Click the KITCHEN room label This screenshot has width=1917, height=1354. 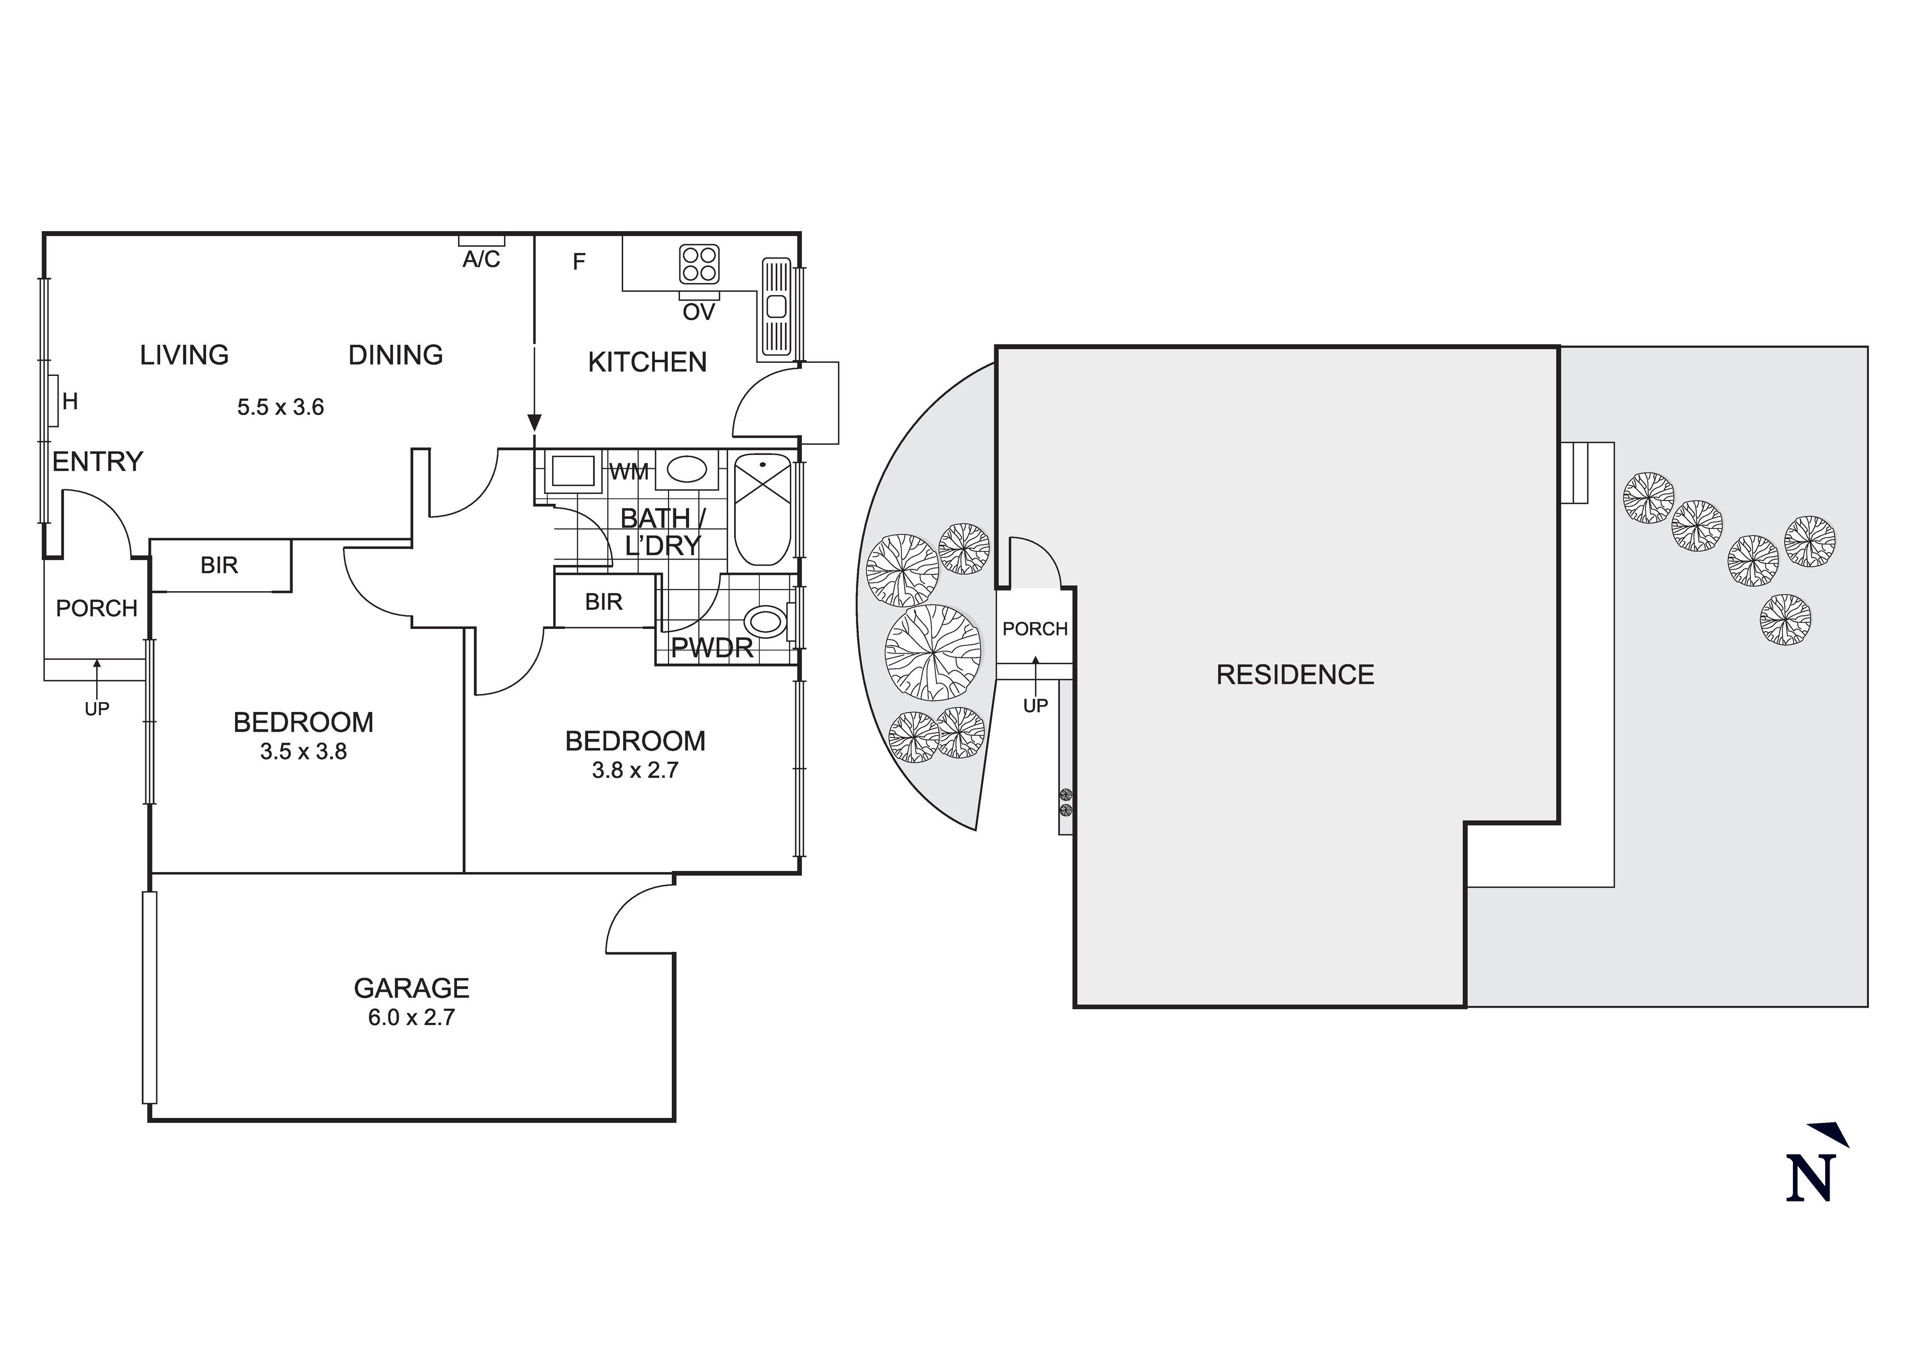point(647,362)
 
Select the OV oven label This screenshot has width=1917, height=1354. point(699,312)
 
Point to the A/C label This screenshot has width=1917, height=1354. point(482,260)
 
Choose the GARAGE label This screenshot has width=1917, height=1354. point(412,988)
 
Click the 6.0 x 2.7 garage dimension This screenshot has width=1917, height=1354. point(412,1017)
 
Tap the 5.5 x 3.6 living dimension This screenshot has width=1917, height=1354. point(280,408)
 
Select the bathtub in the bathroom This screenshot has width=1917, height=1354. point(763,509)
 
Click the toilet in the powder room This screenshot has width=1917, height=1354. point(766,622)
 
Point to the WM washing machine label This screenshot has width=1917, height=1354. point(629,473)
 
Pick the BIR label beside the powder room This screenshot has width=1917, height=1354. point(603,602)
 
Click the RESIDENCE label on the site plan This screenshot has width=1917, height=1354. point(1295,674)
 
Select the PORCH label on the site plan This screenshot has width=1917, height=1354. point(1035,628)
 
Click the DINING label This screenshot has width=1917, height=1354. point(396,355)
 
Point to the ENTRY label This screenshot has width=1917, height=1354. point(98,462)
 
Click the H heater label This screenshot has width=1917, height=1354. point(70,402)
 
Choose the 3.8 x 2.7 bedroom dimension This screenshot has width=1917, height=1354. point(635,770)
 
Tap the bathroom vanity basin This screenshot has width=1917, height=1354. point(687,470)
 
